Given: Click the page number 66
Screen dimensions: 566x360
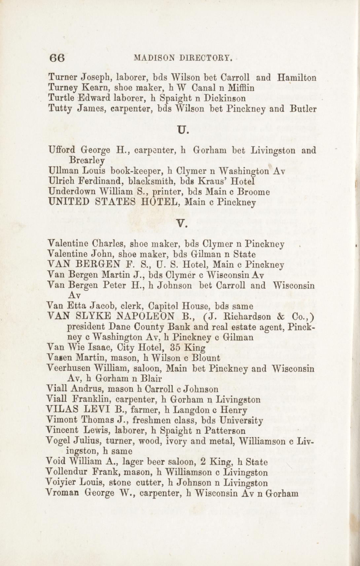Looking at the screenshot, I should point(57,58).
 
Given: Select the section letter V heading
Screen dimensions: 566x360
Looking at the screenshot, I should point(183,224).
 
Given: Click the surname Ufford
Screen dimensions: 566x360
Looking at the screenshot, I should point(62,151).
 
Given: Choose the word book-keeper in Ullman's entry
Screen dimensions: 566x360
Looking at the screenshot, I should point(136,171).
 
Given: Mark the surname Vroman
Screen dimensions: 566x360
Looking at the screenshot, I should point(63,493).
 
